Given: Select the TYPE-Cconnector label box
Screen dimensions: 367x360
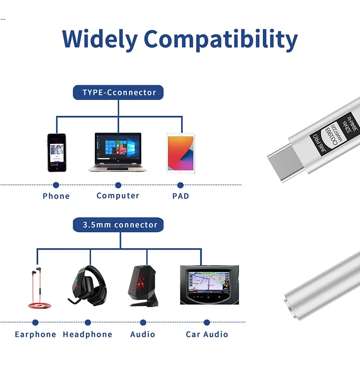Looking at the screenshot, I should [x=118, y=93].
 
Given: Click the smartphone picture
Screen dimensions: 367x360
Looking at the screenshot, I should [x=57, y=152].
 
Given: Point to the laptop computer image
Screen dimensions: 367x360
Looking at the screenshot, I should [x=118, y=152].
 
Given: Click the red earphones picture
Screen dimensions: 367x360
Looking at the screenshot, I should [x=36, y=288].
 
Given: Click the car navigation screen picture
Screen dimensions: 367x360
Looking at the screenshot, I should [x=209, y=285].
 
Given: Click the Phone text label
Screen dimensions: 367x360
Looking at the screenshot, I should [x=56, y=196].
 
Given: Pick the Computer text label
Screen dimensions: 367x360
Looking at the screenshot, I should [x=118, y=195].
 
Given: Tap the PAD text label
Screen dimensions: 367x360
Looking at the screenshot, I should [x=180, y=196].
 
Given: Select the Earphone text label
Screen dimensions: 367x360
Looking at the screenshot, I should [x=36, y=334].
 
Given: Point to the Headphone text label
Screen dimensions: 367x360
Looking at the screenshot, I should [x=87, y=334].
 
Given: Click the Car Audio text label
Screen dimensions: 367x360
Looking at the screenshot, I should [x=207, y=334].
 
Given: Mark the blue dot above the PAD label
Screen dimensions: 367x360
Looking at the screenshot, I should [x=180, y=185].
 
